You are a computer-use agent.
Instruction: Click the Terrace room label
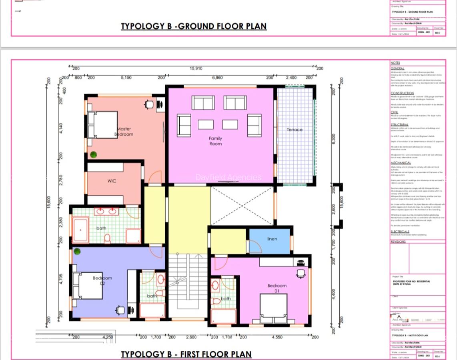coord(295,130)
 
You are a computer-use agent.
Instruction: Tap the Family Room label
coord(215,141)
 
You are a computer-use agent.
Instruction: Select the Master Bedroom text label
coord(124,132)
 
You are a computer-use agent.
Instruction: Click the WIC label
coord(112,181)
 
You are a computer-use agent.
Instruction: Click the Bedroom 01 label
coord(277,288)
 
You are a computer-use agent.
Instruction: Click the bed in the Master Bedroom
coord(102,125)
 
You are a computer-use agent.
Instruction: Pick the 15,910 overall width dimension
coord(196,68)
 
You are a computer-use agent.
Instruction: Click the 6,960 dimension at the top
coord(217,78)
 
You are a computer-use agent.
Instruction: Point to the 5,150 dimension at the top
coord(126,78)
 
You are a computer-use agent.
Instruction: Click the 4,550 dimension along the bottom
coord(277,337)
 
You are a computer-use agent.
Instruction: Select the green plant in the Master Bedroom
coord(93,154)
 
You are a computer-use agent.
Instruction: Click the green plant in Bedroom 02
coord(77,251)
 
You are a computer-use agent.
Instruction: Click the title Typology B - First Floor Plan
coord(186,354)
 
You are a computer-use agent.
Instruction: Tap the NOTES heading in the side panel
coord(395,63)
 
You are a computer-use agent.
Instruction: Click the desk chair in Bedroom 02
coord(120,310)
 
